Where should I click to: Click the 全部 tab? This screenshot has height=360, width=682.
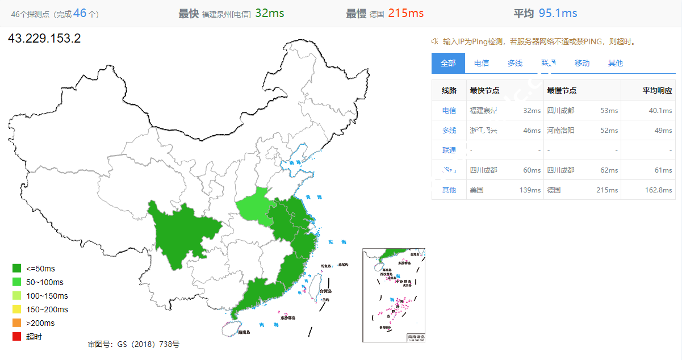tap(448, 63)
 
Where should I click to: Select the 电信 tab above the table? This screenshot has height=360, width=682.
tap(482, 63)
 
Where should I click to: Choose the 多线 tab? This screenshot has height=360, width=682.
tap(515, 63)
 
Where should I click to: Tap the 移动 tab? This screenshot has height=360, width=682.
tap(582, 63)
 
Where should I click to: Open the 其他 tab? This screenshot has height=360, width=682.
tap(616, 63)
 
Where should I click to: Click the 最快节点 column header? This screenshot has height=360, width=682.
tap(484, 90)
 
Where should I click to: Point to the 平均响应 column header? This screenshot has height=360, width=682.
tap(657, 90)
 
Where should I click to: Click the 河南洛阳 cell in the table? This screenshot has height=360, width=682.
tap(560, 131)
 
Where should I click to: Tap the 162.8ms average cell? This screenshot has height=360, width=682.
tap(659, 190)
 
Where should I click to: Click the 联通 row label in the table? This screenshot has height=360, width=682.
tap(449, 150)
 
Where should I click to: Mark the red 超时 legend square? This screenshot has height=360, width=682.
tap(17, 337)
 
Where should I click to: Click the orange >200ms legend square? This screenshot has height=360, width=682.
tap(17, 323)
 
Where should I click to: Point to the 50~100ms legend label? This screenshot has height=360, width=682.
tap(45, 282)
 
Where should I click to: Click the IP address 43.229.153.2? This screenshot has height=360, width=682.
tap(44, 39)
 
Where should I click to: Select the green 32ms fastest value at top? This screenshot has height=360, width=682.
tap(270, 13)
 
